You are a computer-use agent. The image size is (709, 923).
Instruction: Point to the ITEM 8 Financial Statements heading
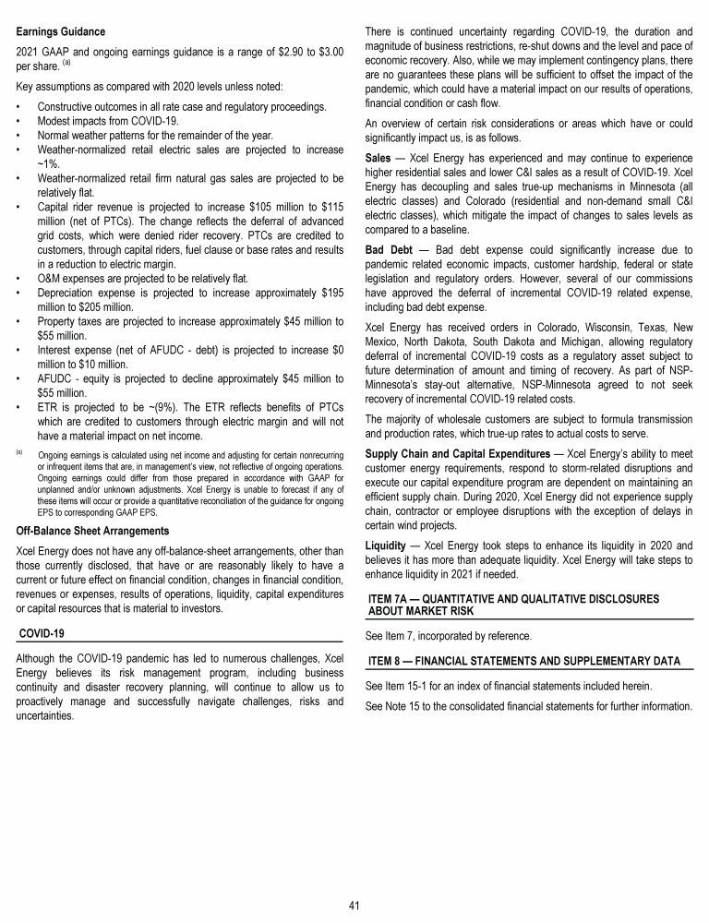pyautogui.click(x=523, y=662)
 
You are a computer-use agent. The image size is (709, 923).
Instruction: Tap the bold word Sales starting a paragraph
pyautogui.click(x=380, y=170)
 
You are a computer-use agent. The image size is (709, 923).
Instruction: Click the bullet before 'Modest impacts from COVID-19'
pyautogui.click(x=20, y=121)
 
